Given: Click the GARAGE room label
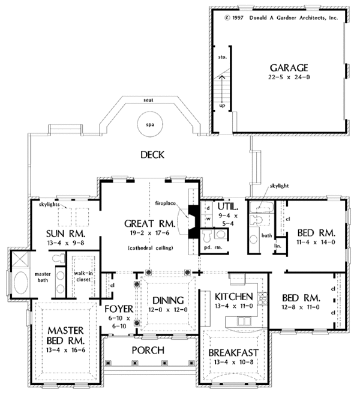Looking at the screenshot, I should [289, 68].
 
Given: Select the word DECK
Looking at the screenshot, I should [152, 155].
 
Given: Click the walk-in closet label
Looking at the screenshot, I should [83, 276].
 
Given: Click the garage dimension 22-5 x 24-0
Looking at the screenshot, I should [289, 77].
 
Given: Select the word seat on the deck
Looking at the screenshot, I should [148, 100].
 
